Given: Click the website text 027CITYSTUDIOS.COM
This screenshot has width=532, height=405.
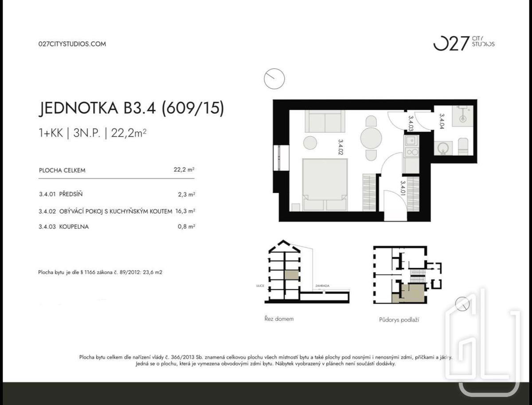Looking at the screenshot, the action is (x=72, y=44).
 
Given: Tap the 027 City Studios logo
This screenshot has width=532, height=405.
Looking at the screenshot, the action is (x=464, y=43).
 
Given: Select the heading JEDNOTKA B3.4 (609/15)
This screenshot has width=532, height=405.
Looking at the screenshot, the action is (x=131, y=108).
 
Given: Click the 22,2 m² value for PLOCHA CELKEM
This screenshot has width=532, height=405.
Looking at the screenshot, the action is (x=184, y=169).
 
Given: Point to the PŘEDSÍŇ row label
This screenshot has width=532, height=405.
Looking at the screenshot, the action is (x=71, y=194).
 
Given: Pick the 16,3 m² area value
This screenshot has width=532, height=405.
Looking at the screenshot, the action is (x=185, y=211).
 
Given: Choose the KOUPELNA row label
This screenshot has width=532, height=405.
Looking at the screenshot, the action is (x=74, y=227).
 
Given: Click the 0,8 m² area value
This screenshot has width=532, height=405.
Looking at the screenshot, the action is (x=186, y=227).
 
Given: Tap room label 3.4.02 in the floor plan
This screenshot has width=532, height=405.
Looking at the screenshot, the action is (x=340, y=147).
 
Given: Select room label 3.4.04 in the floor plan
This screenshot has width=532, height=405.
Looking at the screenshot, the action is (x=442, y=121).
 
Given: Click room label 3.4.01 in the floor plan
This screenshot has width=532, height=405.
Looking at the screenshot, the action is (x=403, y=188).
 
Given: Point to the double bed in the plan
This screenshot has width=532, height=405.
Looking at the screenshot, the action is (x=325, y=185).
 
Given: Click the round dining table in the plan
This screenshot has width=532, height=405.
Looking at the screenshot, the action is (x=371, y=138).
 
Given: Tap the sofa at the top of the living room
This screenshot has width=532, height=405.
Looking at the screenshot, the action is (x=325, y=121).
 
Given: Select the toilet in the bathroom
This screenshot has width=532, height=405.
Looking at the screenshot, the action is (x=463, y=146).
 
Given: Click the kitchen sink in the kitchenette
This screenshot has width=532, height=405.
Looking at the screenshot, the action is (x=411, y=141).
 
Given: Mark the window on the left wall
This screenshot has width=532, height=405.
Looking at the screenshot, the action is (x=281, y=158).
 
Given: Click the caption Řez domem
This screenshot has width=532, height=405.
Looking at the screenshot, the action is (x=279, y=319).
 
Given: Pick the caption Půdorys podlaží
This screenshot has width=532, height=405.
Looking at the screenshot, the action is (x=399, y=320).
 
